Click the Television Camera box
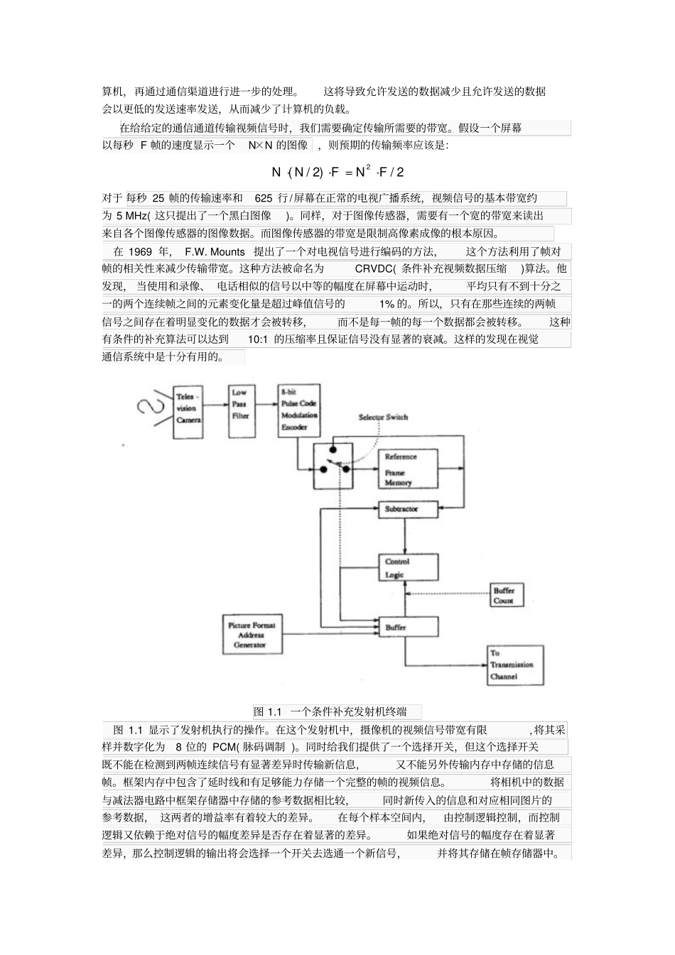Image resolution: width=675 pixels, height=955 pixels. tap(188, 408)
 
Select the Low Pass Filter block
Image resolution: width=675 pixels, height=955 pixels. tap(240, 405)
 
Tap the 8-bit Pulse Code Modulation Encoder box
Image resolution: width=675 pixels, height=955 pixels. tap(298, 410)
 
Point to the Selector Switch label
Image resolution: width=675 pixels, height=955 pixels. tap(383, 417)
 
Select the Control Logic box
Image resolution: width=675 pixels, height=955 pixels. tap(407, 568)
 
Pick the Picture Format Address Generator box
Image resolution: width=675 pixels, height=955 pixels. tap(252, 635)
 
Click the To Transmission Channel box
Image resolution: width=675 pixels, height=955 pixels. tap(515, 665)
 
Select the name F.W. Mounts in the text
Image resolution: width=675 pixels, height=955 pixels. tap(215, 252)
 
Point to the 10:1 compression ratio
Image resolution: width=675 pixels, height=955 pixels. tap(257, 339)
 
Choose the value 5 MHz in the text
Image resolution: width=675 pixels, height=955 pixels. tap(131, 216)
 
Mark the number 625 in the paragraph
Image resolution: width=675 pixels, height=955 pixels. tap(263, 198)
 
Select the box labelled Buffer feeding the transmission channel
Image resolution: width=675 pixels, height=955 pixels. tap(407, 627)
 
